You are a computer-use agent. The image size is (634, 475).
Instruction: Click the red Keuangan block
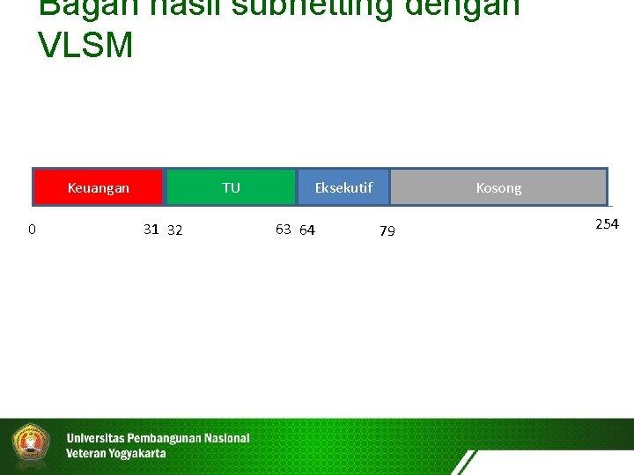click(99, 187)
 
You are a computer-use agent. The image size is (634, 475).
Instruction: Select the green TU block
click(231, 187)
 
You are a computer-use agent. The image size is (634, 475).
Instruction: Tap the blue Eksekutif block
click(343, 187)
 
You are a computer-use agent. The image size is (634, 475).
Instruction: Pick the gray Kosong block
click(498, 187)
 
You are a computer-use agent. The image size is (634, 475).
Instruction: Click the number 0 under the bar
click(32, 230)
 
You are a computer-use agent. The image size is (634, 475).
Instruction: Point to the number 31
click(151, 230)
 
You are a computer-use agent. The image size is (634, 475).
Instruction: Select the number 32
click(175, 230)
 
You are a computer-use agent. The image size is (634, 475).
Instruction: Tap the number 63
click(283, 230)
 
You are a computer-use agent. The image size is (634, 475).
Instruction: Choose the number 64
click(307, 230)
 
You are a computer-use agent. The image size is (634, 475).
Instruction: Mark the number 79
click(387, 231)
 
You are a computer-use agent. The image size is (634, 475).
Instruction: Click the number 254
click(607, 224)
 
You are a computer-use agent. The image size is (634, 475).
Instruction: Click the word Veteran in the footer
click(85, 454)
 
